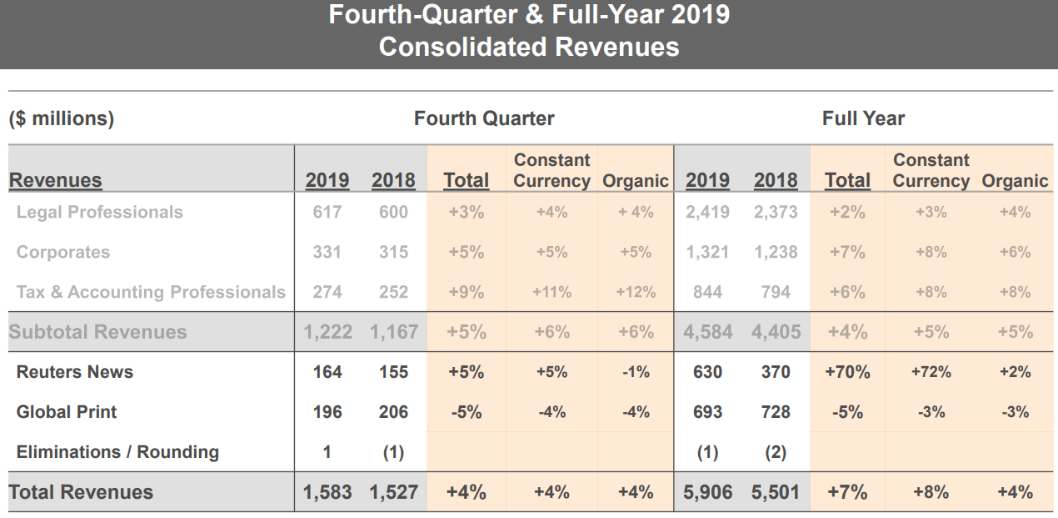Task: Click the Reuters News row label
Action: coord(75,372)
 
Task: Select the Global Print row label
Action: coord(67,412)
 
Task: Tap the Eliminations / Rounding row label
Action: coord(117,452)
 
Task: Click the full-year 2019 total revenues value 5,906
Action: coord(707,492)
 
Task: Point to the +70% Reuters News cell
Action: coord(847,372)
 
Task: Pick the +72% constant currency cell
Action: coord(931,372)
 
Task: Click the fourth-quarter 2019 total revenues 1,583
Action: coord(327,492)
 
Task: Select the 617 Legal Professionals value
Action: coord(327,212)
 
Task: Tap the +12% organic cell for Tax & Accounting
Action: coord(636,292)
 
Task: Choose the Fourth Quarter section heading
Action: coord(484,118)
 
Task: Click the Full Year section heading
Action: coord(863,118)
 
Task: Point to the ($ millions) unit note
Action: coord(62,118)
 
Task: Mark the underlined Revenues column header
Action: coord(56,180)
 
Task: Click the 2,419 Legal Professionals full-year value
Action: coord(707,212)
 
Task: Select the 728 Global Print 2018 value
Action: coord(776,412)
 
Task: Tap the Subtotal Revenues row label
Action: coord(97,332)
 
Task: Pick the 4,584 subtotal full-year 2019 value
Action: coord(707,332)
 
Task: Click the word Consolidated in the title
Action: coord(463,47)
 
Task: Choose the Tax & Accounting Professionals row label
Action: coord(151,292)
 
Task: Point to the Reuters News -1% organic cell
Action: coord(636,372)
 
